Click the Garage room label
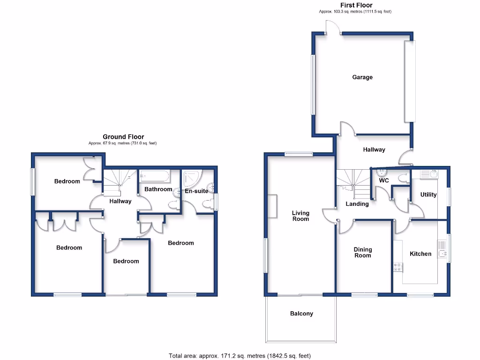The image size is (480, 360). click(x=362, y=77)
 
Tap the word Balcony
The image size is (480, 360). click(x=301, y=314)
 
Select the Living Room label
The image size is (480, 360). click(x=300, y=216)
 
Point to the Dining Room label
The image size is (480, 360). click(x=362, y=252)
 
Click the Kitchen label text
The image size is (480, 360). click(x=420, y=254)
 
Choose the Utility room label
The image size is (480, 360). click(x=428, y=195)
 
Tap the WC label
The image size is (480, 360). click(x=384, y=180)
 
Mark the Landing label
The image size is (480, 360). click(x=357, y=204)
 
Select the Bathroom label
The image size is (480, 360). click(x=158, y=189)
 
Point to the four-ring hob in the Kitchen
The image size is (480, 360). click(x=398, y=267)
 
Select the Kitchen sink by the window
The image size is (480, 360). click(x=442, y=249)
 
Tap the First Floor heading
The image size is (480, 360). click(x=356, y=5)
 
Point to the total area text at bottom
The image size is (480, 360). click(x=240, y=355)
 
